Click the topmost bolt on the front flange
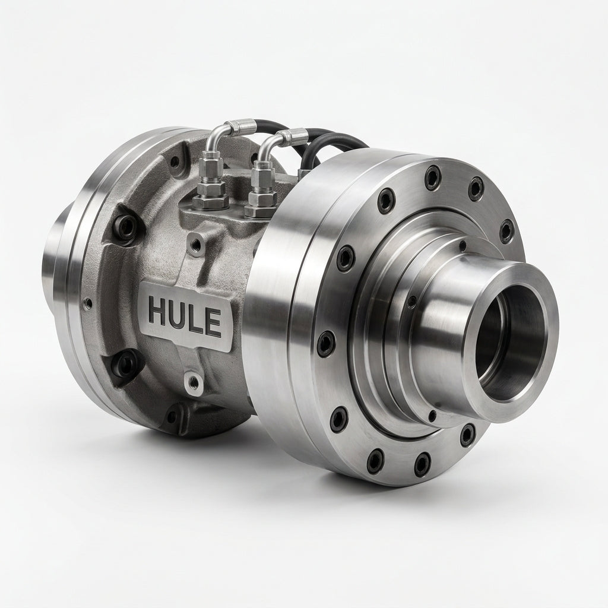click(x=433, y=177)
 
